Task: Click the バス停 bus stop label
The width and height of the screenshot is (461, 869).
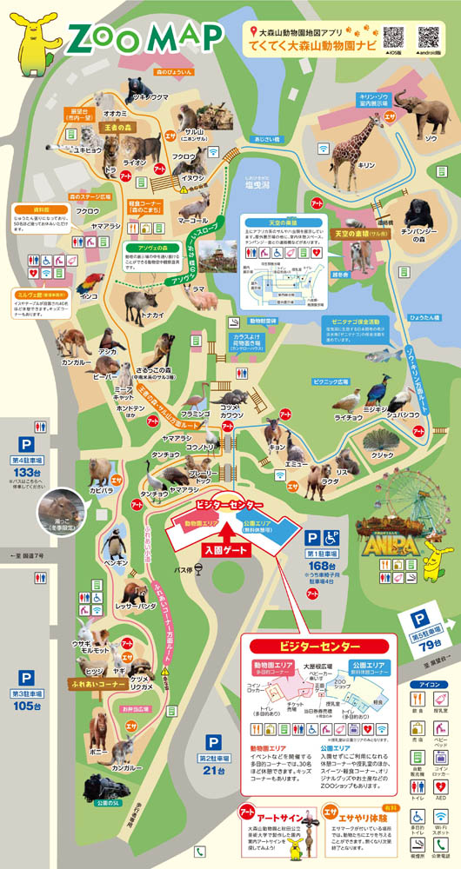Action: [x=181, y=569]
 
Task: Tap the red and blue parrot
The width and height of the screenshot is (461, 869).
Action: [x=90, y=283]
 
